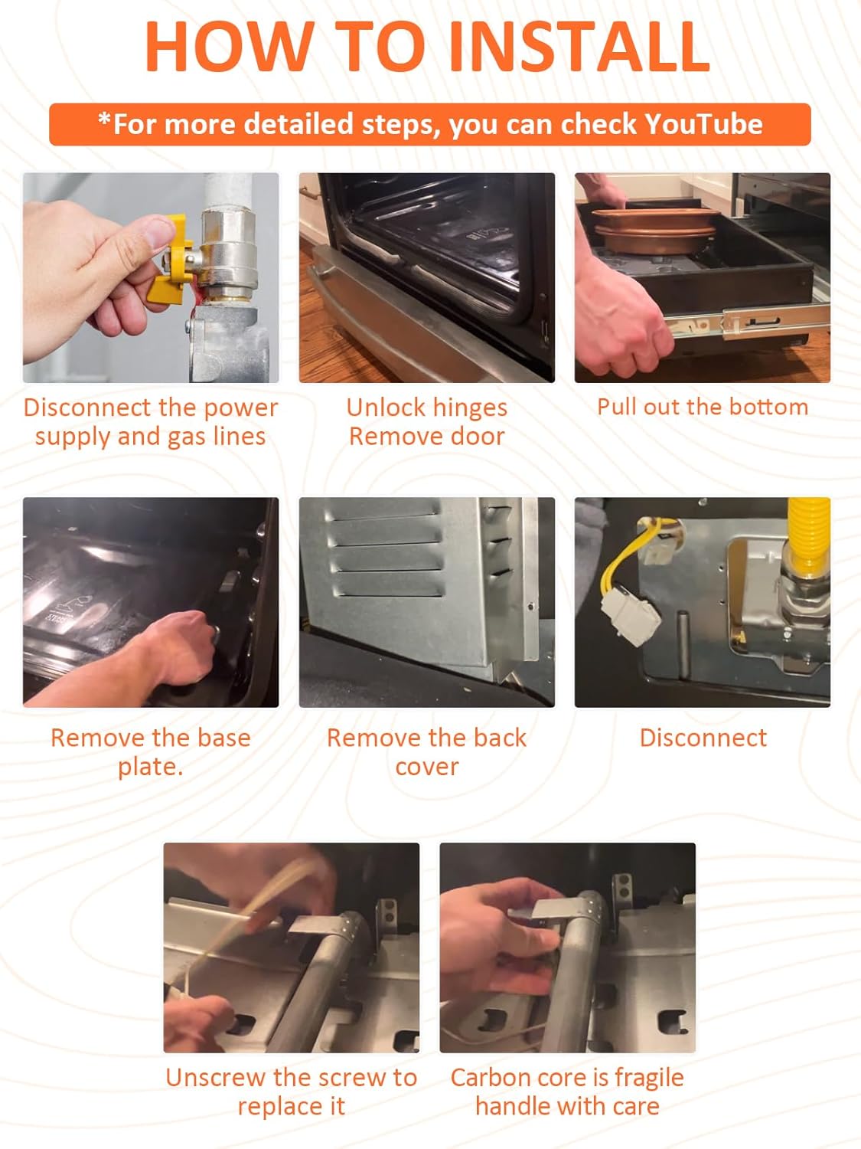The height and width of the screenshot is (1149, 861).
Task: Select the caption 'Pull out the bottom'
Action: click(703, 407)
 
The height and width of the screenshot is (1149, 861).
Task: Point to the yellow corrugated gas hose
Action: click(808, 536)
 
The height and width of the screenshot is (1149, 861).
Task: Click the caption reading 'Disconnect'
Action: click(703, 738)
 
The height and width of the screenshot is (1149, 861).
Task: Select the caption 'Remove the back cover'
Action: click(426, 751)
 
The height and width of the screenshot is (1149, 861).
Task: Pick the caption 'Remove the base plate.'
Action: click(150, 751)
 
